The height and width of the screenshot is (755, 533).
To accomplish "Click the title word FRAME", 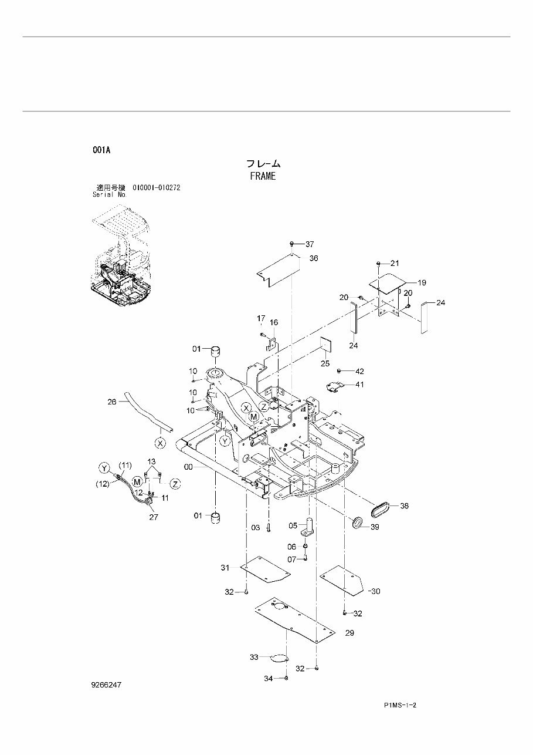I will (262, 176).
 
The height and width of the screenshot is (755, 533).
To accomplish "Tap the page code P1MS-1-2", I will (404, 705).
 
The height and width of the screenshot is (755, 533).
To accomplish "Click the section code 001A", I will (101, 150).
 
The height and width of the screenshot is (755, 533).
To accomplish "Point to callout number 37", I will (310, 244).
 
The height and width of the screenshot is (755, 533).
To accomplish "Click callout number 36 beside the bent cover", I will (314, 258).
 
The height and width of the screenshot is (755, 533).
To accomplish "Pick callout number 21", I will (394, 262).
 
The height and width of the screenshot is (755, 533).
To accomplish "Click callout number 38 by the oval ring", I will (405, 505).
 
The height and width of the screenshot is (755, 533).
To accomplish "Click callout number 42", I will (359, 371).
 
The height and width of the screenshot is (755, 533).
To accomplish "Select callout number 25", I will (325, 364).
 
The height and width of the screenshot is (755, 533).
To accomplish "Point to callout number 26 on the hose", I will (113, 402).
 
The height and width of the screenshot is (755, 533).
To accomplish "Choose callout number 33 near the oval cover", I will (254, 658).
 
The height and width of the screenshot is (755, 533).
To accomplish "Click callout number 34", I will (268, 679).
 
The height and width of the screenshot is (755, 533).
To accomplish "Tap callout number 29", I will (349, 633).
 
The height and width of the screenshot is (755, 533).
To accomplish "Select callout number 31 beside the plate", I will (225, 567).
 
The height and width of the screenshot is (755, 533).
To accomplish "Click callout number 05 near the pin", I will (293, 525).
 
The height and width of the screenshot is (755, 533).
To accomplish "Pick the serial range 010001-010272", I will (156, 188).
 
